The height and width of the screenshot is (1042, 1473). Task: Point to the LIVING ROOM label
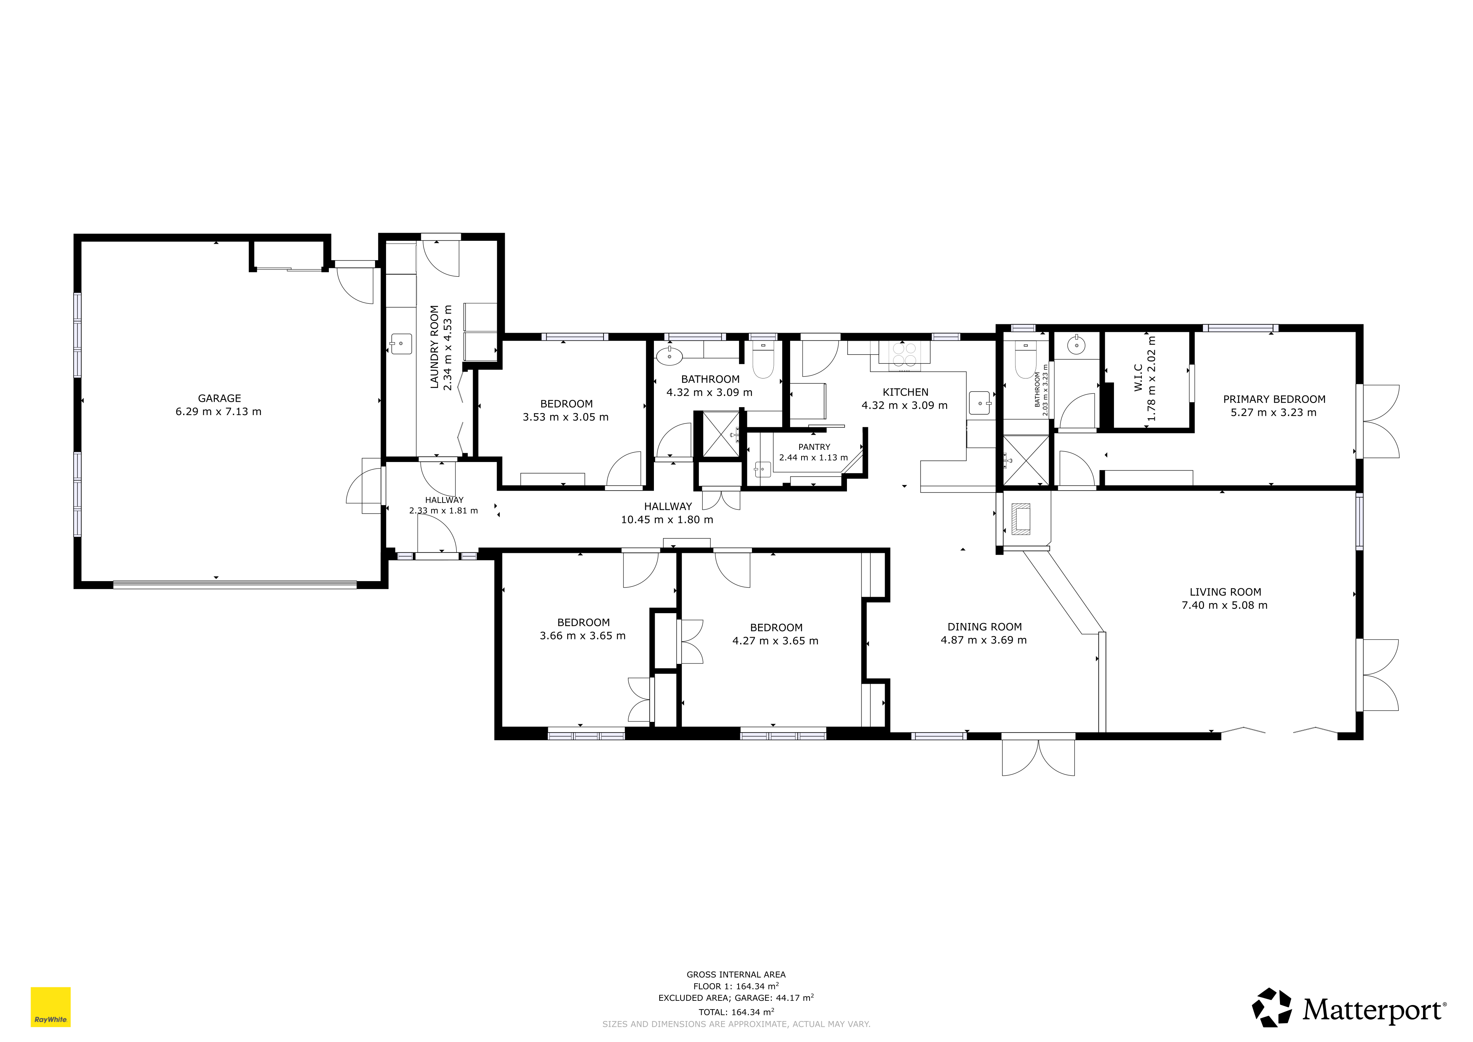coord(1225,592)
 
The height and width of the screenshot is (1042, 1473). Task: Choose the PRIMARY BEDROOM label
coord(1273,399)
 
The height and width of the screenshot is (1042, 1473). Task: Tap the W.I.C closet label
coord(1138,378)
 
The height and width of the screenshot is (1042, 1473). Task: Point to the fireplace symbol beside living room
coord(1021,519)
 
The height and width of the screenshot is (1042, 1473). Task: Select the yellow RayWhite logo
coord(51,1007)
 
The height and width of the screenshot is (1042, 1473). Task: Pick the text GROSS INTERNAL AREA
coord(736,974)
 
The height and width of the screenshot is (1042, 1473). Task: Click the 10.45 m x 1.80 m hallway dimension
coord(666,520)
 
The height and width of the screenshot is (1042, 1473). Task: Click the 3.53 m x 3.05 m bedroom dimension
coord(565,417)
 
